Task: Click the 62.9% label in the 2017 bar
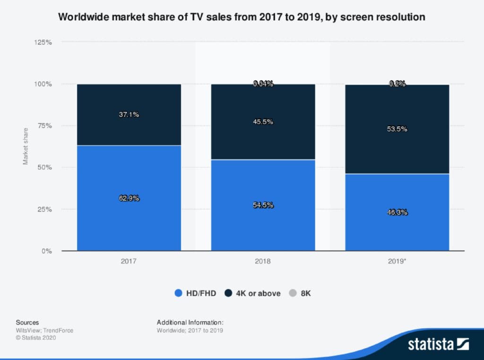(129, 198)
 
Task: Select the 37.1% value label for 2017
(129, 114)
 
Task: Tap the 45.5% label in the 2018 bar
(263, 122)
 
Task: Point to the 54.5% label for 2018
(263, 205)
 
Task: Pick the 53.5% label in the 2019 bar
(397, 129)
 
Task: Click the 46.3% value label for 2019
(397, 212)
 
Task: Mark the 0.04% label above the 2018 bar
(263, 84)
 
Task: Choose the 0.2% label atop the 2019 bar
(397, 84)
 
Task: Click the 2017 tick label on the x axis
(129, 261)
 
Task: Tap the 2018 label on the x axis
(263, 261)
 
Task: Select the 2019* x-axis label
(397, 261)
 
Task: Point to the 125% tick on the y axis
(43, 42)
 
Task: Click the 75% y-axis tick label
(45, 126)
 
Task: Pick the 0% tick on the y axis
(47, 251)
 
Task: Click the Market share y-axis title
(26, 146)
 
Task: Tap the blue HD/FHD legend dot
(178, 293)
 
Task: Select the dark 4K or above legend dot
(228, 293)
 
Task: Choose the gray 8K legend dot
(293, 293)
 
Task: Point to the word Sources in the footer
(27, 322)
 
